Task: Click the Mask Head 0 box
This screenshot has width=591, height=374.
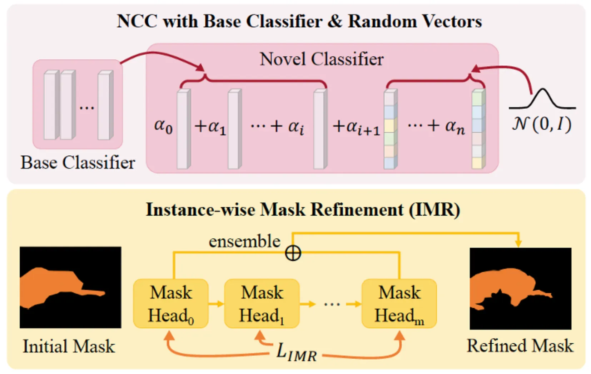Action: pos(170,303)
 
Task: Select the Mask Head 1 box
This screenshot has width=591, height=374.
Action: pos(262,303)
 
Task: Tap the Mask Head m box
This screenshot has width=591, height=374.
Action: pos(399,303)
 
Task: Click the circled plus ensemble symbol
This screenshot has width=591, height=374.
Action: pos(293,253)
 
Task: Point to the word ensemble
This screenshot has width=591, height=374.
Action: pos(244,242)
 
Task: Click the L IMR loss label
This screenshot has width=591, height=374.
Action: pos(297,353)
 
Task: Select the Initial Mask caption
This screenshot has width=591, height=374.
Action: pos(69,346)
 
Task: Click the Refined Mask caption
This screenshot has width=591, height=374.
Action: pos(520,345)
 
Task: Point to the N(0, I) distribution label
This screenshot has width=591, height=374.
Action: pos(542,125)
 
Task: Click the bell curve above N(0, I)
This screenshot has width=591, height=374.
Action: pos(542,98)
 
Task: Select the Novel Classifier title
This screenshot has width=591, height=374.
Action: pos(322,59)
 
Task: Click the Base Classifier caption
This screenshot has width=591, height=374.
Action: pos(78,163)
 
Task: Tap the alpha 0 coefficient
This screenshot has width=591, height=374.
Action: pos(163,126)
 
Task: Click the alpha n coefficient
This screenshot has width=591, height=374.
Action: pos(455,127)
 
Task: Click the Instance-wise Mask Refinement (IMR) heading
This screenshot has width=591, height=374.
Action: pos(303,209)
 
